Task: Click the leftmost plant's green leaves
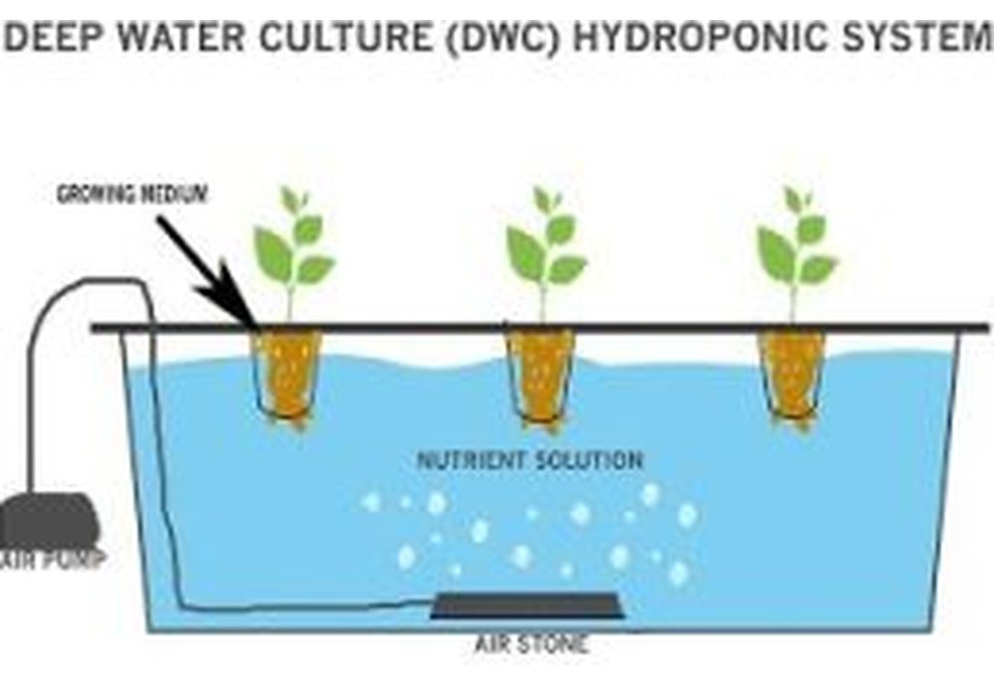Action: click(294, 245)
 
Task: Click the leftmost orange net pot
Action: click(286, 376)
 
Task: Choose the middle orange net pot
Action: click(540, 376)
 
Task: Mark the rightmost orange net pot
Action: click(791, 376)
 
